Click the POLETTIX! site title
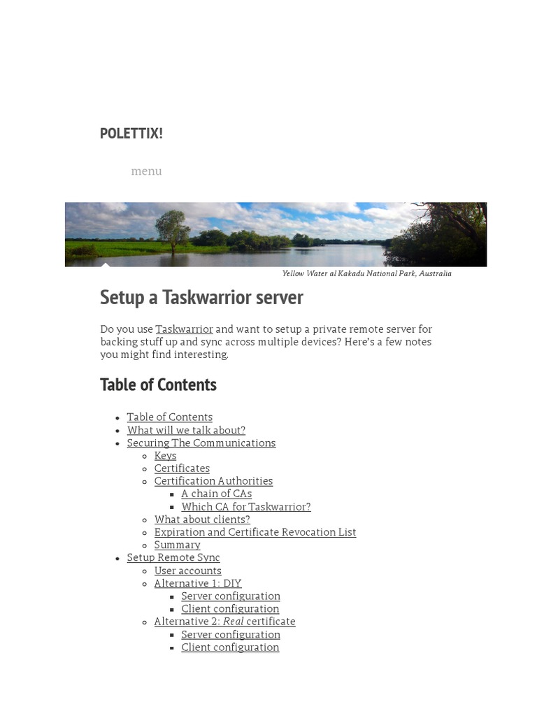pos(131,134)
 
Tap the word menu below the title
pos(146,171)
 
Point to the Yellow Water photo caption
pos(366,273)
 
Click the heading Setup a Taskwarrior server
pos(201,297)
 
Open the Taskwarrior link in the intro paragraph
pos(184,329)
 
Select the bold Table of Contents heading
pos(158,385)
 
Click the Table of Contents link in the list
pos(169,417)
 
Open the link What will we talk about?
pos(186,430)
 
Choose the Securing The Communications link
pos(201,443)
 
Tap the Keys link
pos(165,456)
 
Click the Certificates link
pos(182,468)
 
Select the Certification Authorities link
pos(213,481)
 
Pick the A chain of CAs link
pos(216,494)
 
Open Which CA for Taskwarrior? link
pos(245,506)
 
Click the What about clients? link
pos(202,520)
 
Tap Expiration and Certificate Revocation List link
pos(255,532)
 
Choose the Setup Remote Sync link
pos(173,557)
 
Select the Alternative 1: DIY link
pos(198,583)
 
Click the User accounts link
pos(187,571)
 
